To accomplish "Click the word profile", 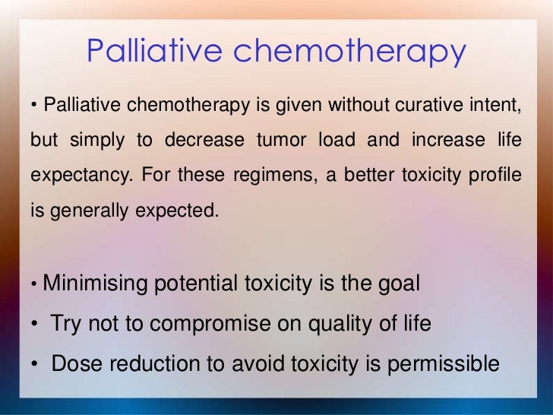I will click(x=497, y=175).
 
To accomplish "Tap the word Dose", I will click(x=74, y=363).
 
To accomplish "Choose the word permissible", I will click(x=444, y=364).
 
